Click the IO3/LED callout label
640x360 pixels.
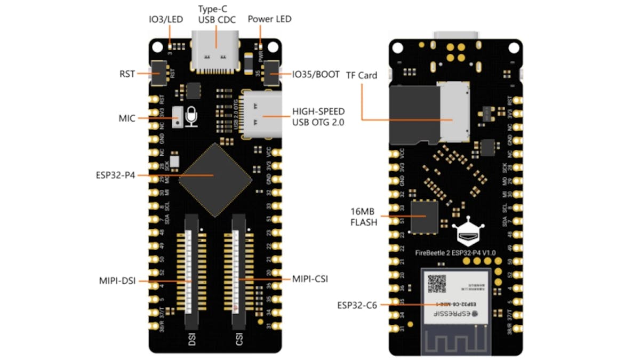pos(165,19)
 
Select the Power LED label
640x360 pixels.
pos(270,19)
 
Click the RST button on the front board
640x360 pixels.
pos(158,73)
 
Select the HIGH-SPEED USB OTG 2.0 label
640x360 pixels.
pos(318,117)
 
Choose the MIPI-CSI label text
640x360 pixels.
pos(310,278)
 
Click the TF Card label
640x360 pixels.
pos(362,75)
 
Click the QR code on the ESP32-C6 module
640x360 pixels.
pos(437,283)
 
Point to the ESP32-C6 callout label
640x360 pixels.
pos(356,306)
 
